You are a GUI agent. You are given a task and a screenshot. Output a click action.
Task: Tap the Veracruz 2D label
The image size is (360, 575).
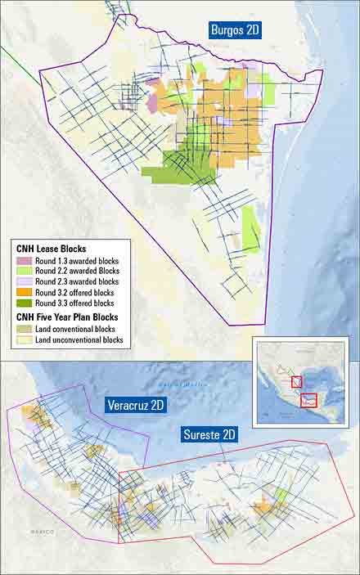[x=139, y=406]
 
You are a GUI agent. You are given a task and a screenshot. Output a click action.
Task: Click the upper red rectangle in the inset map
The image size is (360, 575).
[x=295, y=381]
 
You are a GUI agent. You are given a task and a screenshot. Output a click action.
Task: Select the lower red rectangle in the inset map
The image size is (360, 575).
[x=308, y=400]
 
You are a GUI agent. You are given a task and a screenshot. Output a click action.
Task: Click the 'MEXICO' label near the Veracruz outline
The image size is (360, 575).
[x=42, y=532]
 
